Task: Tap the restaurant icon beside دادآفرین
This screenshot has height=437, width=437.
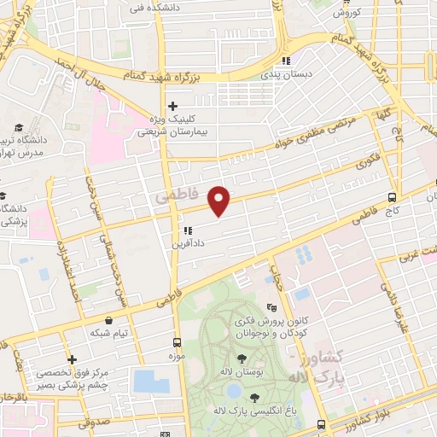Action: [187, 230]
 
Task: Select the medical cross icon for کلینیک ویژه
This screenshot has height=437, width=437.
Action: [172, 107]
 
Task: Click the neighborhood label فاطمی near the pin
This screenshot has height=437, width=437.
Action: [178, 196]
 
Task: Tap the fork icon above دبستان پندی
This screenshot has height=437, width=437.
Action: [287, 61]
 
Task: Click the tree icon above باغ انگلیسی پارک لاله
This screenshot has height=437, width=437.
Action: [253, 398]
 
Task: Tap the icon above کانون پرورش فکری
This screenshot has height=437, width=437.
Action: [272, 308]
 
